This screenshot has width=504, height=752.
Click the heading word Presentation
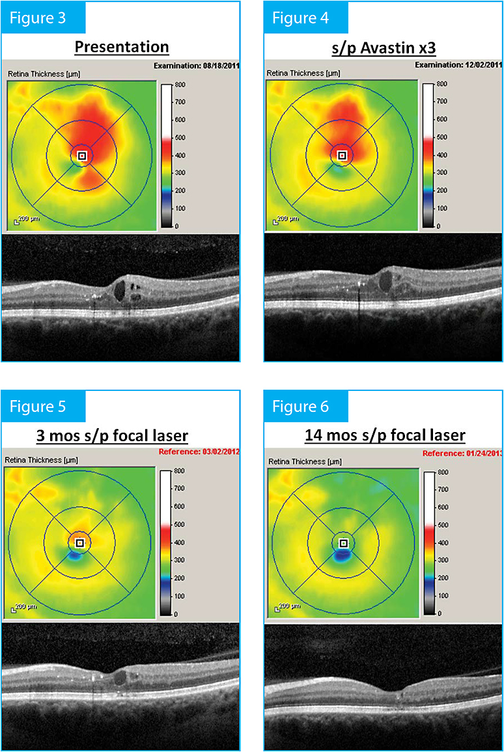[122, 47]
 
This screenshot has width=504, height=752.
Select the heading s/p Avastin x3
[384, 47]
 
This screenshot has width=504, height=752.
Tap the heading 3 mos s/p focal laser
[122, 435]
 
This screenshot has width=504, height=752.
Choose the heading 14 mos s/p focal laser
[384, 435]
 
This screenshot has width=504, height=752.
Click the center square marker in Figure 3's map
[81, 156]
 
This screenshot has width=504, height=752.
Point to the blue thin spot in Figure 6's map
[341, 556]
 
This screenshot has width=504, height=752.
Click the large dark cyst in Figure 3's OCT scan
[121, 289]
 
